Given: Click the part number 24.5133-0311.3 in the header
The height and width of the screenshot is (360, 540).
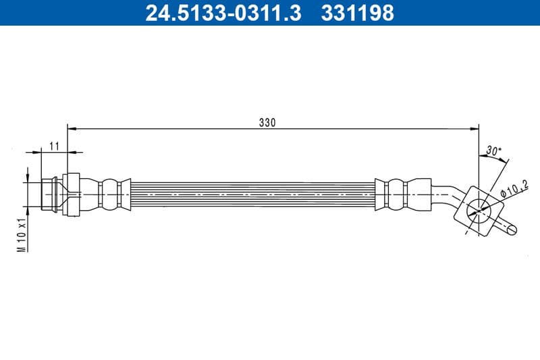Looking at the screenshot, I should coord(223,13).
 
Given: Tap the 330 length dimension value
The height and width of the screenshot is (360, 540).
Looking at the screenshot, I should coord(267,122).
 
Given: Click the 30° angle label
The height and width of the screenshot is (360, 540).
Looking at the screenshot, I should coord(494,151).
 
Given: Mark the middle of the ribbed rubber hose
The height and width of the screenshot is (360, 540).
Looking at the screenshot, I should coord(253,195).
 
